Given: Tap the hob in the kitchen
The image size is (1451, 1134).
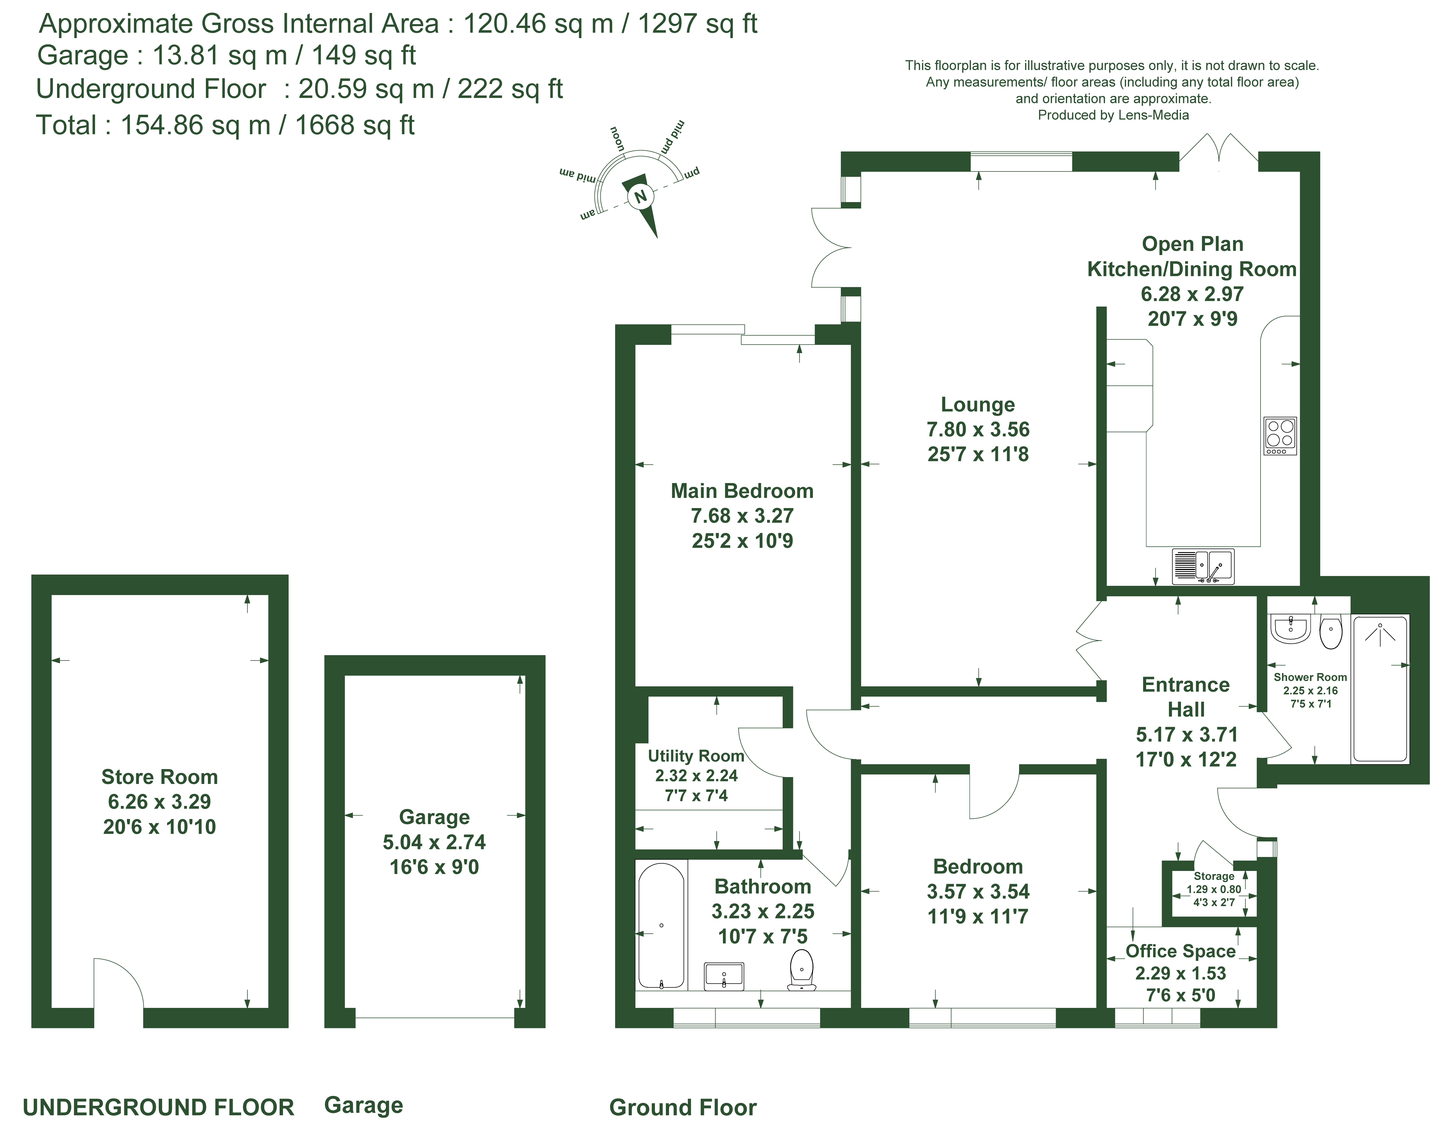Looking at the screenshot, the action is (x=1280, y=436).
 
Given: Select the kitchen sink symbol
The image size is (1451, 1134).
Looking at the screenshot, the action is (x=1203, y=566).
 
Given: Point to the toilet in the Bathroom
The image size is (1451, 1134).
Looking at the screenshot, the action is (x=802, y=969).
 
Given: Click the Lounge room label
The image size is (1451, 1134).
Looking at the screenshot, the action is (x=978, y=405).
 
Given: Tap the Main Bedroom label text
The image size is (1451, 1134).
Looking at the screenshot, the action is (x=742, y=491).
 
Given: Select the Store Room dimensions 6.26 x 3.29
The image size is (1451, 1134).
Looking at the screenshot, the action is (x=159, y=802).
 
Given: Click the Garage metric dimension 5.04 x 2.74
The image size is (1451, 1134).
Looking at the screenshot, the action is (x=435, y=842).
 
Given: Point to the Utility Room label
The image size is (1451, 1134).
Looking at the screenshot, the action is (x=696, y=756).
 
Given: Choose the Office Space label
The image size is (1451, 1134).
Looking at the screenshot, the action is (x=1181, y=951).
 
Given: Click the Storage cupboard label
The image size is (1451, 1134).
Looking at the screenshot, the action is (x=1214, y=876).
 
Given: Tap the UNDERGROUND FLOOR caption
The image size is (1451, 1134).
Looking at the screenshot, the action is (x=159, y=1107).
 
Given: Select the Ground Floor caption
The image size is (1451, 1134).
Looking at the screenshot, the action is (x=683, y=1107).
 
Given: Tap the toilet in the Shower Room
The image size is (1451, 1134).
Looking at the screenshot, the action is (x=1331, y=633).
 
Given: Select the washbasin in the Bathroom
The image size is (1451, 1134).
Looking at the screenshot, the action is (x=724, y=976).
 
